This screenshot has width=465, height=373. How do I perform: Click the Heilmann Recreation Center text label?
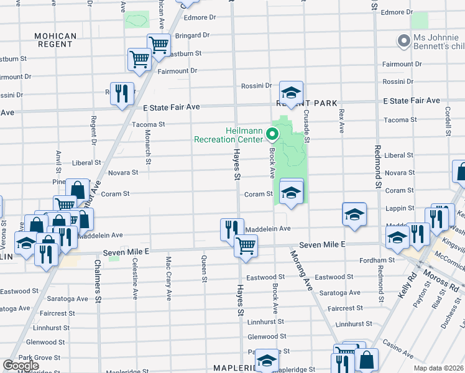[x=229, y=134]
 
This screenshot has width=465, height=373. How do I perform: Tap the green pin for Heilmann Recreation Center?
[x=271, y=133]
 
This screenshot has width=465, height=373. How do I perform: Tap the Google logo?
[x=21, y=366]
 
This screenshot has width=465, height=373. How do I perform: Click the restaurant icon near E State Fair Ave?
[x=122, y=94]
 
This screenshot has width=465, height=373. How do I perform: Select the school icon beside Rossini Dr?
[x=290, y=93]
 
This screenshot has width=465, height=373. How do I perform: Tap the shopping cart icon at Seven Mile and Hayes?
[x=246, y=246]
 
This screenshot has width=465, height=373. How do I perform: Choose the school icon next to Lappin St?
[x=354, y=214]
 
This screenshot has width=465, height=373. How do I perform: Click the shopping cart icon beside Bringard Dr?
[x=159, y=45]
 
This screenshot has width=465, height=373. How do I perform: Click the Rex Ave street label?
[x=341, y=121]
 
